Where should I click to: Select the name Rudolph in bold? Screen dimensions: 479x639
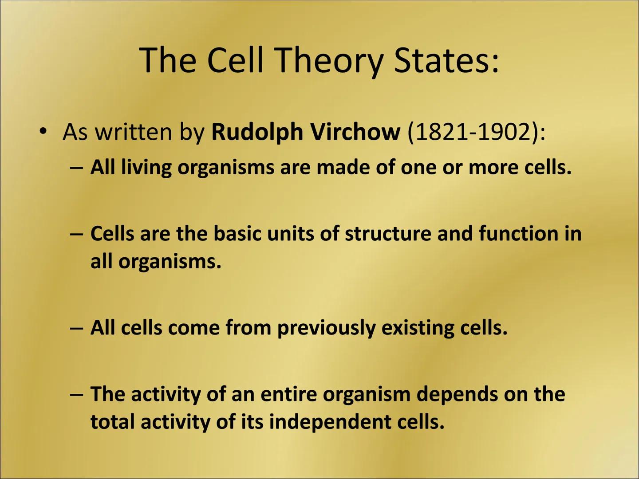pos(257,132)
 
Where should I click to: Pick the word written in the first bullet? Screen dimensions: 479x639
pos(134,132)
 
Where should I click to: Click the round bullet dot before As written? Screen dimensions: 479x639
pos(43,132)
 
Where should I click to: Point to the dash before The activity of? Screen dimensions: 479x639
pos(76,394)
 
